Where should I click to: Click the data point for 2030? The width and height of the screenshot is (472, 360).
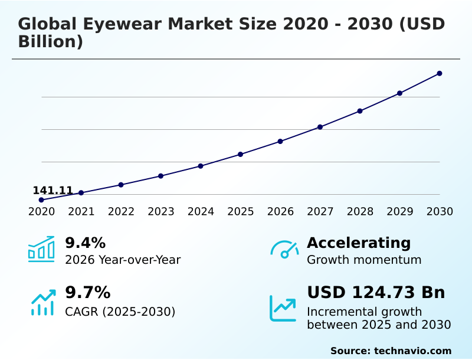click(440, 73)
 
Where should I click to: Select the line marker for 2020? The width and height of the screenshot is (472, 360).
click(41, 200)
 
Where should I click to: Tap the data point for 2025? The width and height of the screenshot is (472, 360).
click(241, 154)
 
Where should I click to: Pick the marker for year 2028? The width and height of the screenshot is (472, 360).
click(360, 111)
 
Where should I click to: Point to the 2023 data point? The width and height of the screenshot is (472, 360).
click(160, 176)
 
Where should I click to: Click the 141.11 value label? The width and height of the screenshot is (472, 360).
click(53, 190)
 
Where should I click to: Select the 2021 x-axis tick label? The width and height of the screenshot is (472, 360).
click(81, 212)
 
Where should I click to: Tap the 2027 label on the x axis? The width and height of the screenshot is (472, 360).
click(320, 212)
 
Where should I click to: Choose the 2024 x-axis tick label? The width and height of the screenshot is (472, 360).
click(201, 212)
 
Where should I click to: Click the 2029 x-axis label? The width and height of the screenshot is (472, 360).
click(400, 212)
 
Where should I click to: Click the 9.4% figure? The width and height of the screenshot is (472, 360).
click(85, 243)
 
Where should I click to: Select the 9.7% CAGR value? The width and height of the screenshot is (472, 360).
click(87, 292)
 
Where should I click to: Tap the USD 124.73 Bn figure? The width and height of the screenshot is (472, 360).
click(376, 292)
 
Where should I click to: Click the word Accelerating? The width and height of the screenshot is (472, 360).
click(359, 243)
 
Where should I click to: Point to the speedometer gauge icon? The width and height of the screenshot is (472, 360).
click(284, 250)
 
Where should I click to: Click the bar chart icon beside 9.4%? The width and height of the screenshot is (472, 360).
click(41, 250)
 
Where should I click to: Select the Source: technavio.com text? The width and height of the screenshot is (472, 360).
click(391, 351)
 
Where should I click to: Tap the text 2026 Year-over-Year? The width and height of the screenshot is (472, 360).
click(123, 260)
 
